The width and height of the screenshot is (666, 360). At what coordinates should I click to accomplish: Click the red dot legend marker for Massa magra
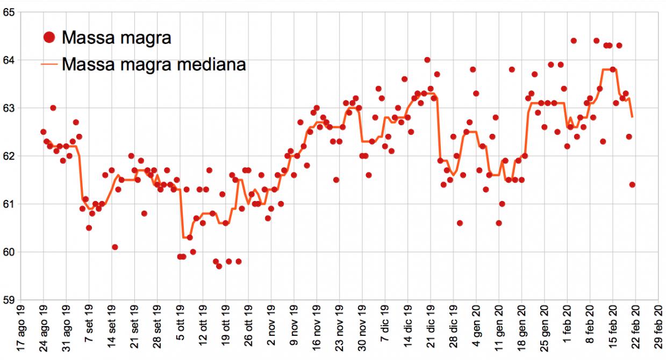point(49,37)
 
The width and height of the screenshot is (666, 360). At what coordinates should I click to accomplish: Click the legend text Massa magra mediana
point(154,64)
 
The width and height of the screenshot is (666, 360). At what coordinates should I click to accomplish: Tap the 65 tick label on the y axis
point(9,12)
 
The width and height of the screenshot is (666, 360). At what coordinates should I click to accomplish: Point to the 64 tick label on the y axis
point(9,60)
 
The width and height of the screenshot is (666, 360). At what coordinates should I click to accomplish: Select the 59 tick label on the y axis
point(9,300)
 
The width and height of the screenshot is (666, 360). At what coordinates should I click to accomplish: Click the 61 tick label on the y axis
point(9,204)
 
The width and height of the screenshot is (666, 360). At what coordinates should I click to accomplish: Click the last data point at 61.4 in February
point(632,185)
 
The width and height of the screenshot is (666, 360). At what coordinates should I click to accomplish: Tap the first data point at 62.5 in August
point(44,132)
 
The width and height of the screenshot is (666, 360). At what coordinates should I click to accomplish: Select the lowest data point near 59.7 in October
point(219,266)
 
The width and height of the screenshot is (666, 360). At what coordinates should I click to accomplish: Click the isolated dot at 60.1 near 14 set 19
point(115,247)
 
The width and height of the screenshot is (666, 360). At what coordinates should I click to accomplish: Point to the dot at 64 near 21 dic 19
point(427,60)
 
